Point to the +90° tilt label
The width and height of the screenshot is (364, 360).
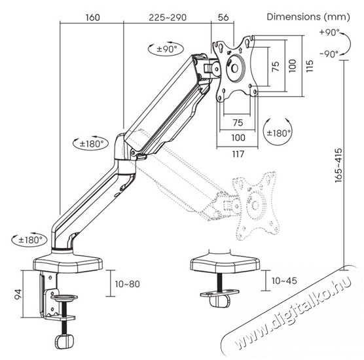click(329, 32)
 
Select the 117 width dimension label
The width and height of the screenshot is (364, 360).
click(237, 154)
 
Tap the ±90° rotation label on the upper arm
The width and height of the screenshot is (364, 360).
click(169, 50)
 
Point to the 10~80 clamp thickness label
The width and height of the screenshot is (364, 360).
click(126, 285)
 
